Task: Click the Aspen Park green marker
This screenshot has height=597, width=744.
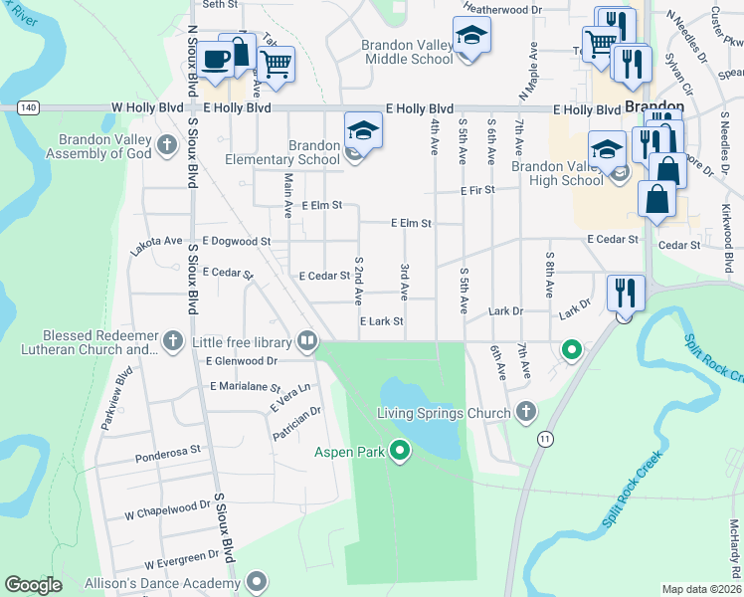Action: tap(400, 452)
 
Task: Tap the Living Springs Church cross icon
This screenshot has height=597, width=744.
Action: tap(526, 412)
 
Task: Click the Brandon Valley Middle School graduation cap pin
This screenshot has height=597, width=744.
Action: tap(471, 37)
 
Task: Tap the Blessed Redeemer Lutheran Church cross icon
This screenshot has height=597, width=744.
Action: tap(173, 342)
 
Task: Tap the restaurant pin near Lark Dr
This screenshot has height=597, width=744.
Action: tap(625, 292)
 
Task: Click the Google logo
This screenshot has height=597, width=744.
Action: tap(34, 585)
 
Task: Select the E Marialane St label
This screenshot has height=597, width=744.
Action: tap(246, 386)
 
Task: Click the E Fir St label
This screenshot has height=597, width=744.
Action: tap(476, 189)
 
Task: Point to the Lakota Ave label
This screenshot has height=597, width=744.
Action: tap(157, 241)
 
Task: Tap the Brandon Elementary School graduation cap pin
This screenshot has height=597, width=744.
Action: tap(363, 131)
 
